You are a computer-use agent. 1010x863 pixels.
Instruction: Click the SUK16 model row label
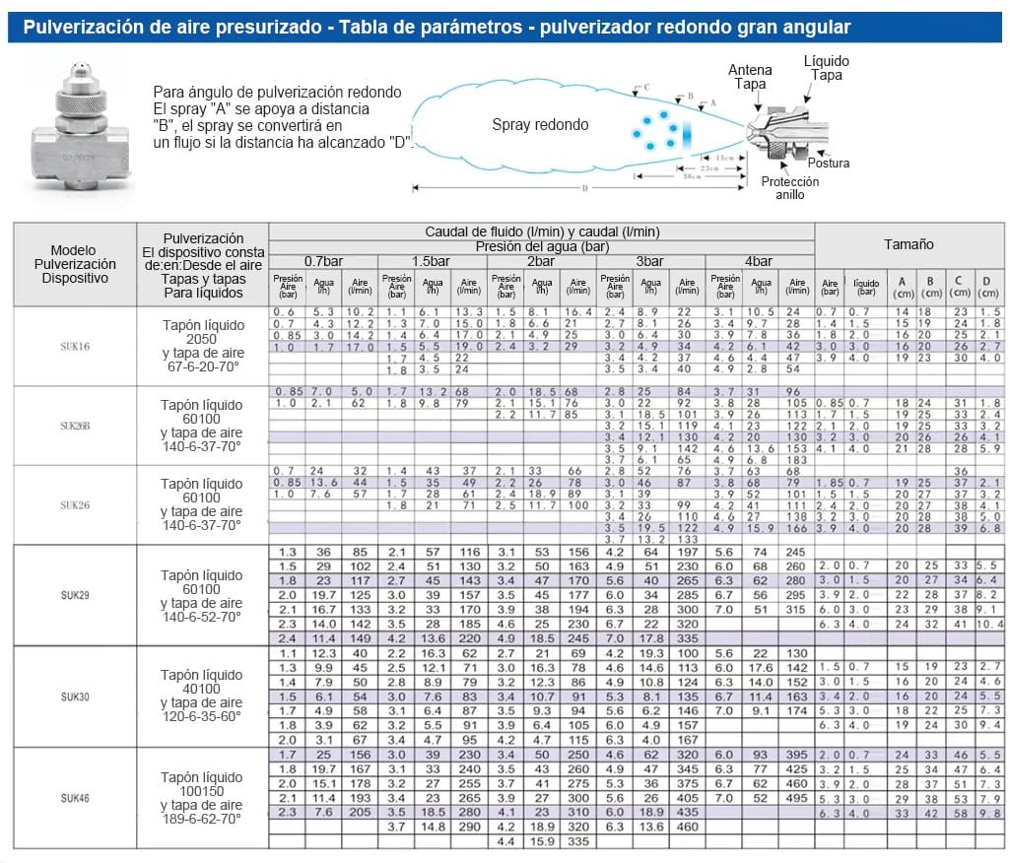(x=75, y=347)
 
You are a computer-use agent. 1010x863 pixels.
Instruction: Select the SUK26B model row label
(x=75, y=426)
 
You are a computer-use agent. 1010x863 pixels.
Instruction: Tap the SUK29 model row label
(x=75, y=596)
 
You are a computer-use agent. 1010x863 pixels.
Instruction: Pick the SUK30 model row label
(x=75, y=697)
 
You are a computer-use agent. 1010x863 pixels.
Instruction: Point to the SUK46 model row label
(x=75, y=797)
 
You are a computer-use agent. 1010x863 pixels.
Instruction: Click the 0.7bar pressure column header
(x=323, y=261)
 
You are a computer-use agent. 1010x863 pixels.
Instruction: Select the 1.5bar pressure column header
(x=432, y=261)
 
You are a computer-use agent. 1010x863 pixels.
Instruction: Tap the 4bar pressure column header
(x=759, y=261)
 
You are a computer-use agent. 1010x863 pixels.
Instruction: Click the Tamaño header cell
(x=908, y=244)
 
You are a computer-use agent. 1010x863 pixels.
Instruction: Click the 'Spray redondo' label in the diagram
(x=540, y=125)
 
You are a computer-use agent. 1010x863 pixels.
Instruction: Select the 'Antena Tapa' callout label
(x=750, y=77)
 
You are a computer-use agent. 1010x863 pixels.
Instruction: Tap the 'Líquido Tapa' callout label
(x=826, y=68)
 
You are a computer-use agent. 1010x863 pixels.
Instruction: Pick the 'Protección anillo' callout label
(x=789, y=188)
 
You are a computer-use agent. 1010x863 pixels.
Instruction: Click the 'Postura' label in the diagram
(x=828, y=164)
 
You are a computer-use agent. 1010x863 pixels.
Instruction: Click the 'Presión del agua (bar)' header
(x=541, y=245)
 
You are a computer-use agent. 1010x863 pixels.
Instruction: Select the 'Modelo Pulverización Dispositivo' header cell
(x=74, y=264)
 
